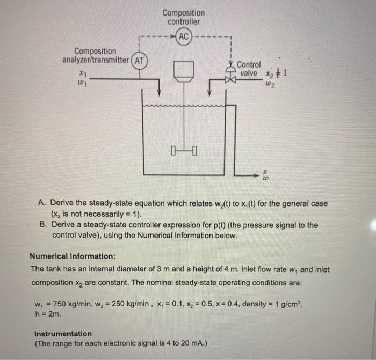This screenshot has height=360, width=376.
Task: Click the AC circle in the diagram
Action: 184,36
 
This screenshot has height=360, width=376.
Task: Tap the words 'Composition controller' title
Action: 184,17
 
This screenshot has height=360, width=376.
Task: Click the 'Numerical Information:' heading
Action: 72,256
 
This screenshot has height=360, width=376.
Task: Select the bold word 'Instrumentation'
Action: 62,333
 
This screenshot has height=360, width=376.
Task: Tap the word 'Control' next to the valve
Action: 249,64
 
